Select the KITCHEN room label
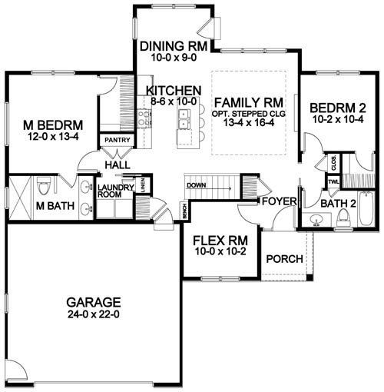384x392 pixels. tap(174, 90)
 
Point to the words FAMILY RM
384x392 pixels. tap(250, 101)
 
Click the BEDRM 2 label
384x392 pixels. tap(336, 107)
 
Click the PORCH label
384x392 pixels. tap(284, 258)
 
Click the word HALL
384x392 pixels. tap(118, 164)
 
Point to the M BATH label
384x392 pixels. tap(33, 206)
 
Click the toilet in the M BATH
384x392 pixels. tap(45, 186)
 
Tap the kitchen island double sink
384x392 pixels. tap(183, 118)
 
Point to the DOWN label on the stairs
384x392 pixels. tap(196, 185)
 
